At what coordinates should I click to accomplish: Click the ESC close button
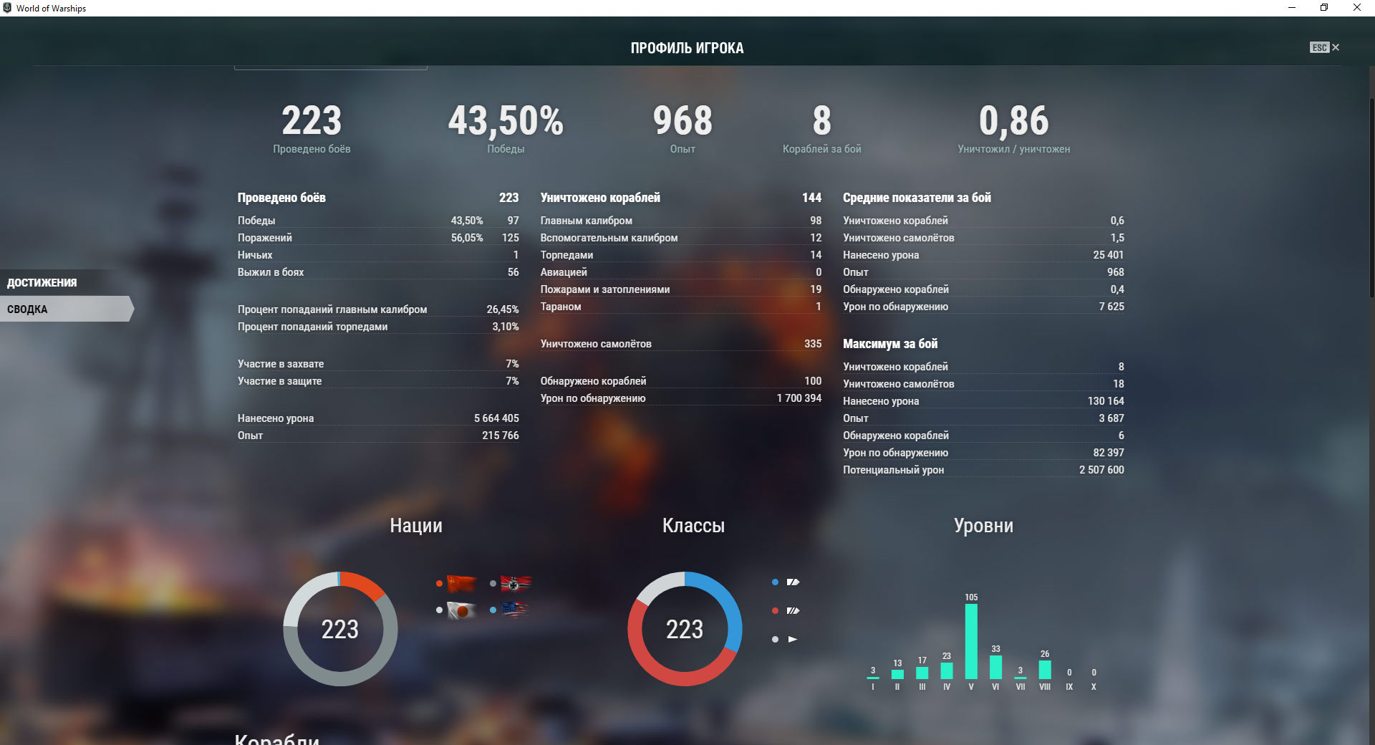1325,47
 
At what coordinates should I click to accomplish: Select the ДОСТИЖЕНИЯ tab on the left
42,282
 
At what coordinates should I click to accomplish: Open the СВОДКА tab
28,309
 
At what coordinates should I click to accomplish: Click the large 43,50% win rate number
506,121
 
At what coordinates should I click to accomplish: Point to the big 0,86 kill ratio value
1013,121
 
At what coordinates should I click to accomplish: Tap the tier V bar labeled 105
971,641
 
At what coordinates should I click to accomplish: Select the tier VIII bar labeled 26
1045,670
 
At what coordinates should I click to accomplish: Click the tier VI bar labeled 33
995,667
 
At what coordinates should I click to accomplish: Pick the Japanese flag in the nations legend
461,610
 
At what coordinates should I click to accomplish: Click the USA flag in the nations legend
515,610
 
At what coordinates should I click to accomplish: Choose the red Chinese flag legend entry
461,583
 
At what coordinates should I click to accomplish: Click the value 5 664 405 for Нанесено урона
496,418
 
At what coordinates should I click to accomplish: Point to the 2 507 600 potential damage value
1101,470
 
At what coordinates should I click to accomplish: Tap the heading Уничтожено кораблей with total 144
600,198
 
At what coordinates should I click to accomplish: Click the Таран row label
561,307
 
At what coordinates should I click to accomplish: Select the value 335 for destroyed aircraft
813,344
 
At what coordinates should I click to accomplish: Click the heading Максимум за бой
890,344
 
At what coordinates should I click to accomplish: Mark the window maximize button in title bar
1324,8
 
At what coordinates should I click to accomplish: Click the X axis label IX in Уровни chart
1069,687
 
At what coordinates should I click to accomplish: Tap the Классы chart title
693,526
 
